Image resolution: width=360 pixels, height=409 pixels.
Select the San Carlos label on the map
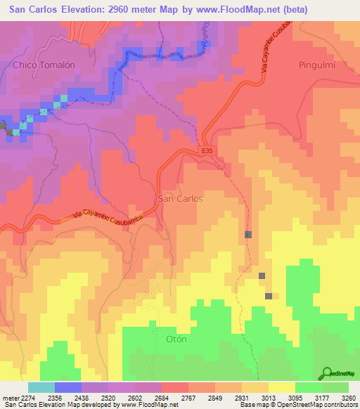[x=181, y=199]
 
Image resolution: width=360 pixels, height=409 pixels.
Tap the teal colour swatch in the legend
[x=41, y=387]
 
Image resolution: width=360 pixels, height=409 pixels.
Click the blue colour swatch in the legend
[x=68, y=387]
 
